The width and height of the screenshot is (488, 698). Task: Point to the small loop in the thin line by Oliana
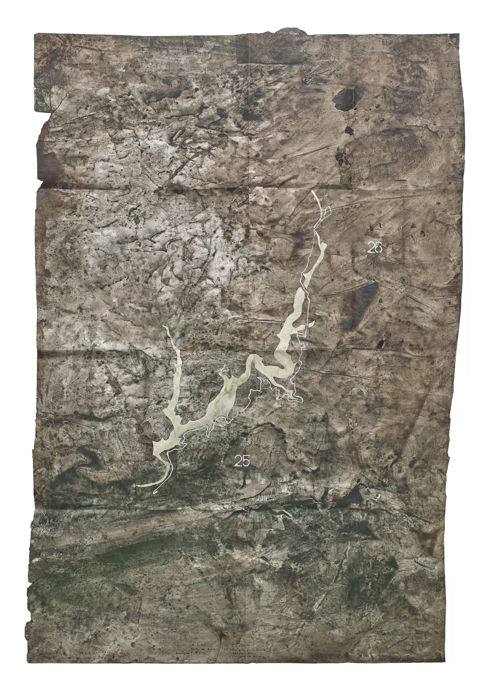click(x=327, y=212)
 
